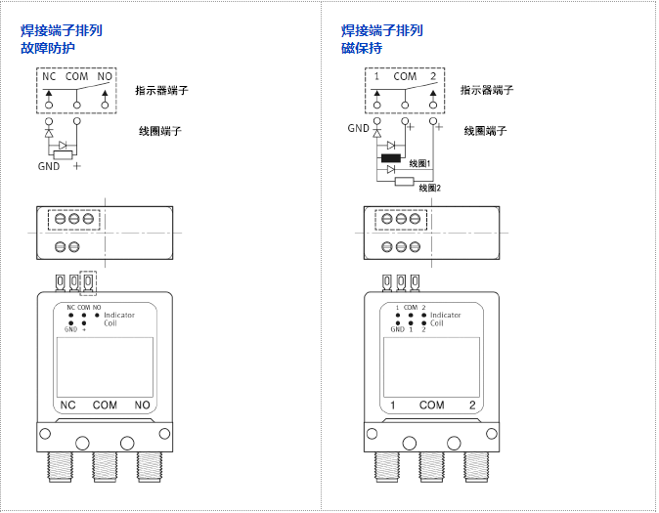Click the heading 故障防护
pyautogui.click(x=48, y=47)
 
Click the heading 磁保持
pyautogui.click(x=362, y=47)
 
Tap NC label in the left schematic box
pyautogui.click(x=49, y=76)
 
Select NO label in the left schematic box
pyautogui.click(x=105, y=76)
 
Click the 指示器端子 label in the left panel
pyautogui.click(x=161, y=90)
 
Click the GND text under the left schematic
pyautogui.click(x=49, y=166)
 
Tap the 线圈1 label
pyautogui.click(x=419, y=163)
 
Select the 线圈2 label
pyautogui.click(x=430, y=188)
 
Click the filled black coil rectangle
pyautogui.click(x=391, y=157)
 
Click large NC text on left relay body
pyautogui.click(x=68, y=405)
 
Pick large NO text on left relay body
pyautogui.click(x=143, y=405)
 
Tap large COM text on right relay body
pyautogui.click(x=431, y=405)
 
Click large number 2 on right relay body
pyautogui.click(x=472, y=405)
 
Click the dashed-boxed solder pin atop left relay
pyautogui.click(x=89, y=282)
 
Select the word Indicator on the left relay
pyautogui.click(x=119, y=316)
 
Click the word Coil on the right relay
pyautogui.click(x=437, y=323)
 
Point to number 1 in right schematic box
pyautogui.click(x=376, y=76)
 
